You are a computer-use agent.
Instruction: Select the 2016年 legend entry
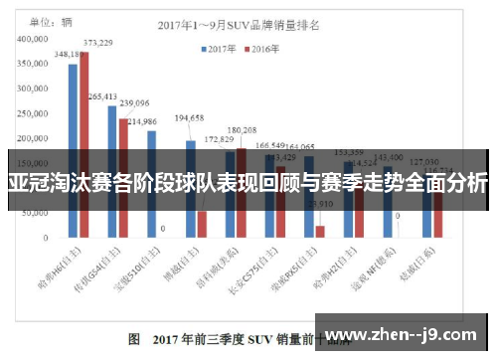coord(260,47)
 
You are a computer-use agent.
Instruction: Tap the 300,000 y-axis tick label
coord(35,89)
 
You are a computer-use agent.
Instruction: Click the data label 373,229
coord(97,43)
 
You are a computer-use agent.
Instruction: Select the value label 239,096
coord(134,103)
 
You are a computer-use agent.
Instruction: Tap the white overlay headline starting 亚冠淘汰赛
coord(248,183)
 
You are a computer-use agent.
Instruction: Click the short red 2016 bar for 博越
coord(202,225)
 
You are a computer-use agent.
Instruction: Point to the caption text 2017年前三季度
coord(190,339)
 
